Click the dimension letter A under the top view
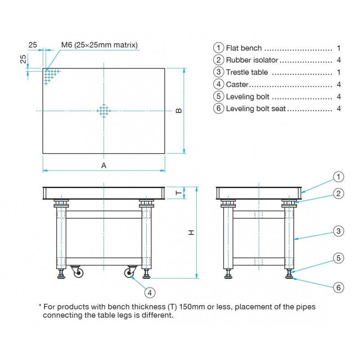pyautogui.click(x=103, y=166)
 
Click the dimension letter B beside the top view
pyautogui.click(x=178, y=111)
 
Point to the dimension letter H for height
pyautogui.click(x=191, y=233)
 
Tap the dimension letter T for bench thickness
pyautogui.click(x=178, y=193)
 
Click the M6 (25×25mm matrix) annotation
pyautogui.click(x=99, y=45)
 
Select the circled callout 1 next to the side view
pyautogui.click(x=338, y=176)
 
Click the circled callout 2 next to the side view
pyautogui.click(x=338, y=193)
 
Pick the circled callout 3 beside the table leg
pyautogui.click(x=338, y=231)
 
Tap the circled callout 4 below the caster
pyautogui.click(x=150, y=292)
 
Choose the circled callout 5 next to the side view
pyautogui.click(x=338, y=258)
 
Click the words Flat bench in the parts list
pyautogui.click(x=243, y=48)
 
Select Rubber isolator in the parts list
pyautogui.click(x=252, y=60)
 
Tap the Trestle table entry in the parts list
pyautogui.click(x=247, y=72)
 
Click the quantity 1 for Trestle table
pyautogui.click(x=338, y=72)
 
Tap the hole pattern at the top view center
pyautogui.click(x=104, y=111)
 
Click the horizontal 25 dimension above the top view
pyautogui.click(x=33, y=45)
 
